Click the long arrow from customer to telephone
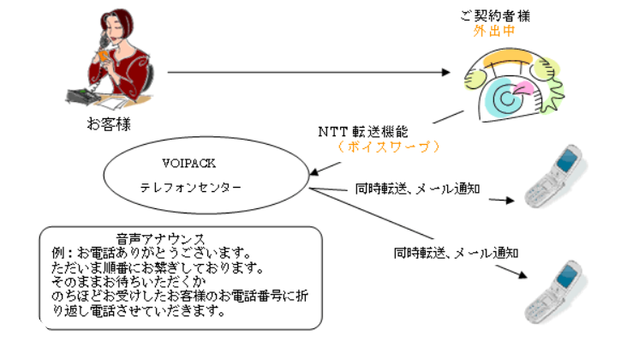pyautogui.click(x=308, y=72)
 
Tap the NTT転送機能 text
pyautogui.click(x=364, y=132)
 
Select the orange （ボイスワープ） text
pyautogui.click(x=388, y=147)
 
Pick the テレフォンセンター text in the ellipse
pyautogui.click(x=190, y=185)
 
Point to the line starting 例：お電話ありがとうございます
pyautogui.click(x=151, y=253)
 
